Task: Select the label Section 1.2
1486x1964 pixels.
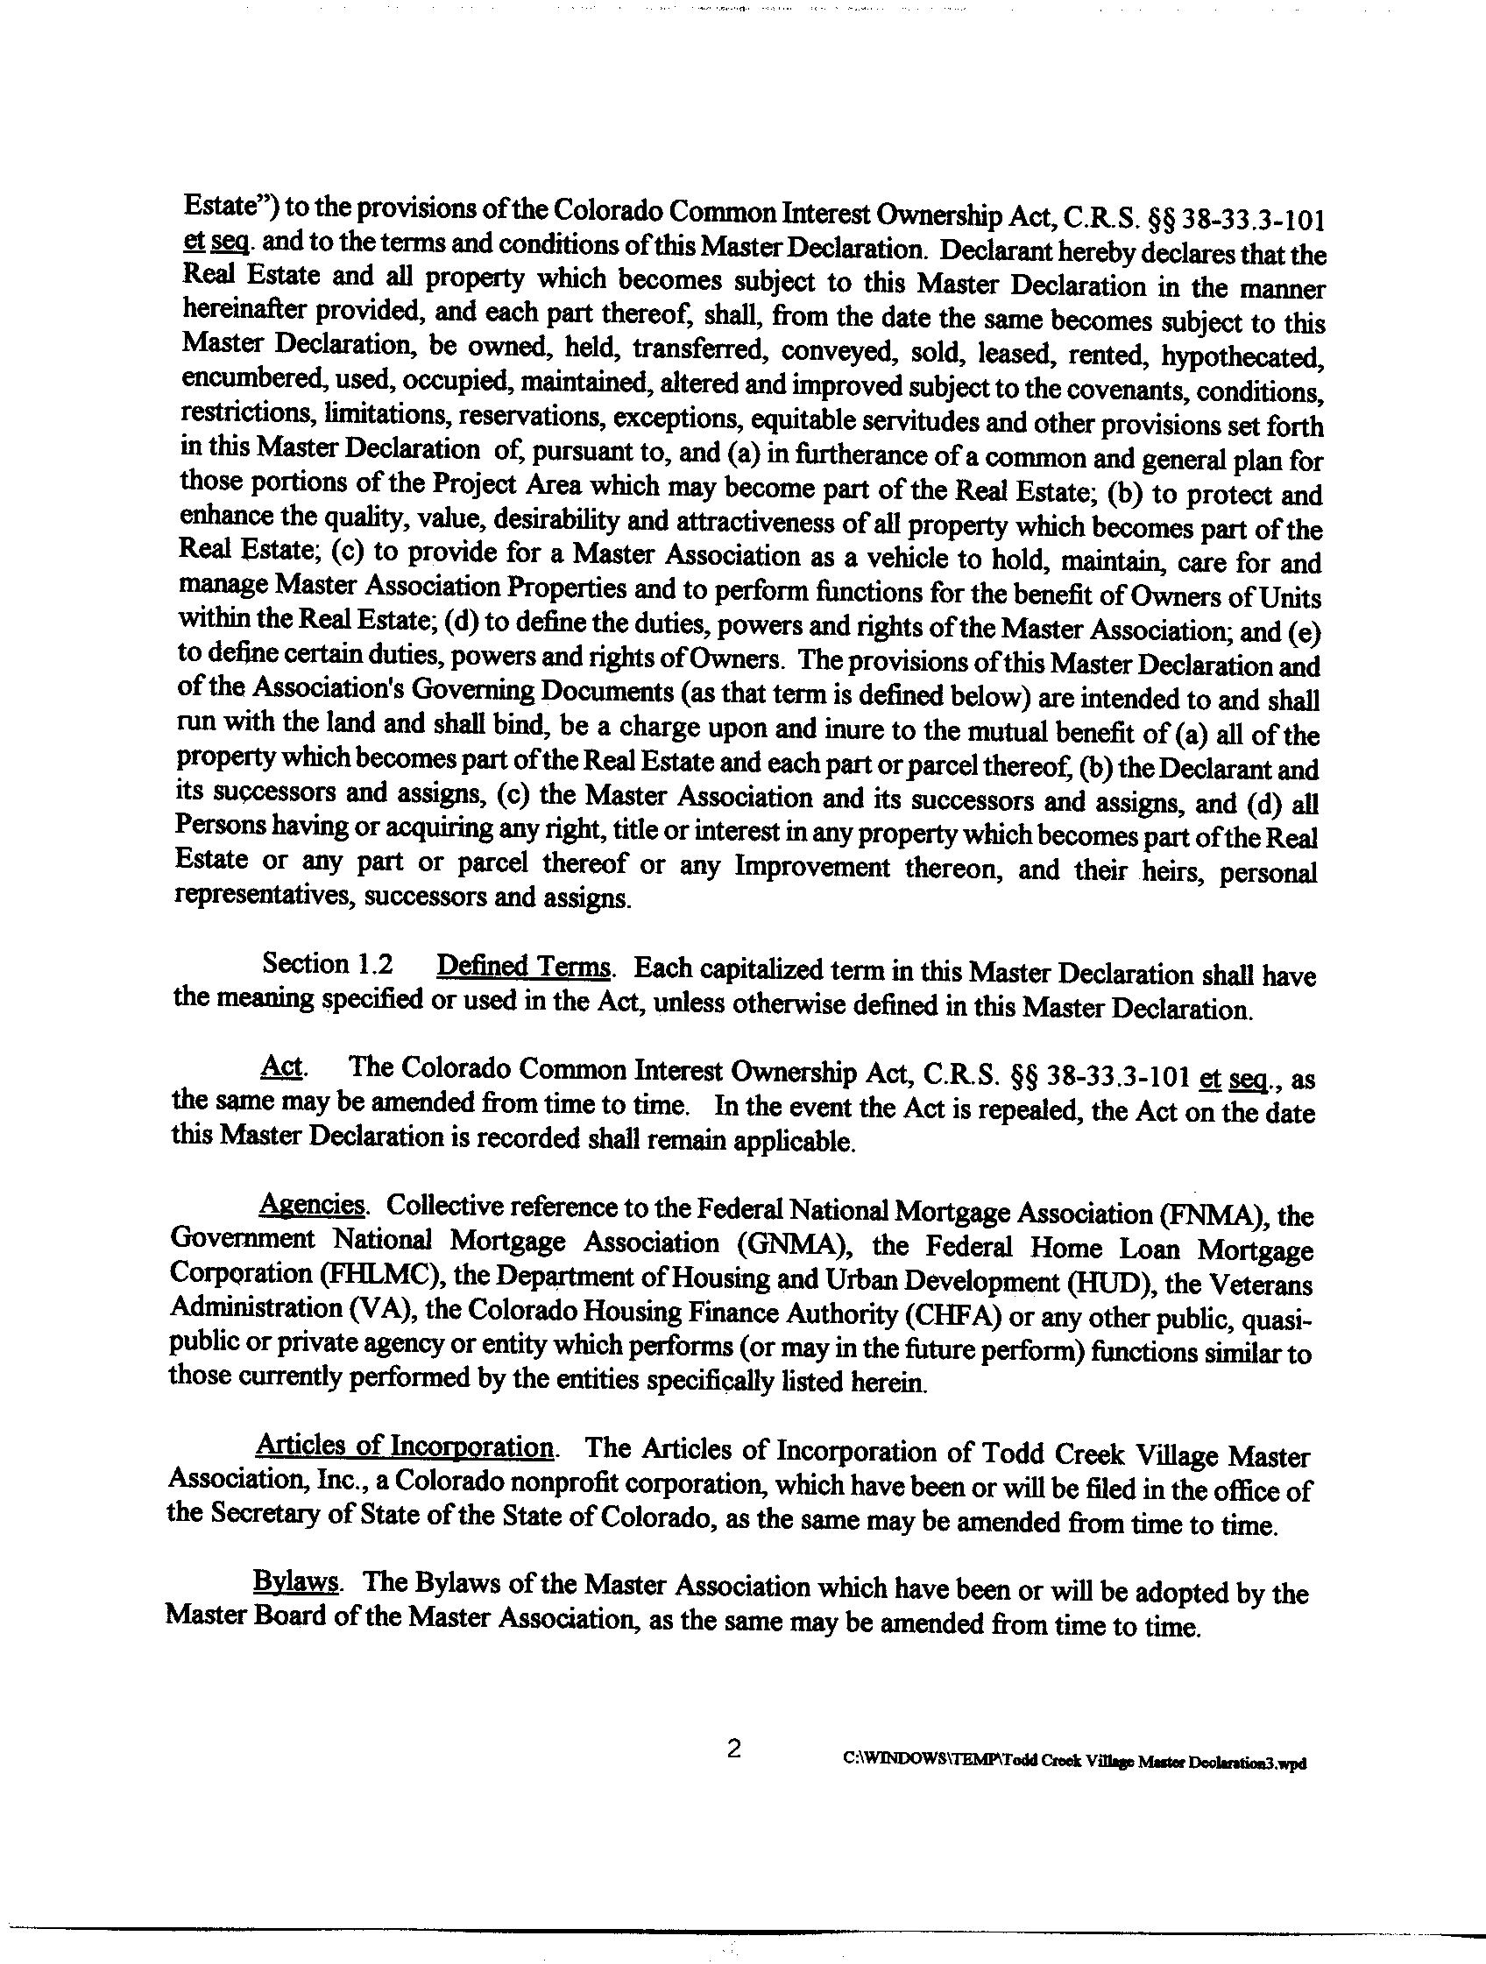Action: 328,964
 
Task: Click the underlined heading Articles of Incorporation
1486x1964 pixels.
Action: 405,1447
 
